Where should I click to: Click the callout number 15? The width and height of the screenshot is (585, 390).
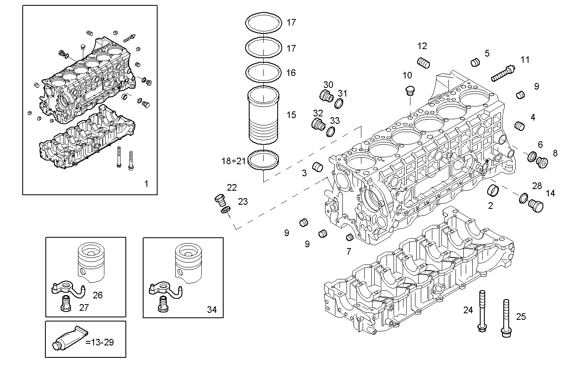(x=291, y=115)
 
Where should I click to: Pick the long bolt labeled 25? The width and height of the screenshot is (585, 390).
(x=505, y=318)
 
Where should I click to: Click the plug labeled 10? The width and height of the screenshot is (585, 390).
(x=410, y=91)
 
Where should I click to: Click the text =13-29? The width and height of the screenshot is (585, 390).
(x=99, y=342)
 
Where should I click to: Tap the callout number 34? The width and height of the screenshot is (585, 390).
(x=212, y=310)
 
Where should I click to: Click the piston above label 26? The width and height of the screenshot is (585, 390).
(x=91, y=262)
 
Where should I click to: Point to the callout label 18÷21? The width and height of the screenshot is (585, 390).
(x=233, y=161)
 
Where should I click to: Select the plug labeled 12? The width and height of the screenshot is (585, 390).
(x=424, y=63)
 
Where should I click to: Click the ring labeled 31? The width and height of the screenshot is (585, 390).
(x=339, y=104)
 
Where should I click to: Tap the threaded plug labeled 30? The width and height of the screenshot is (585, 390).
(x=326, y=96)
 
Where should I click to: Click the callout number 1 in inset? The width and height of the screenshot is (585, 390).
(x=146, y=184)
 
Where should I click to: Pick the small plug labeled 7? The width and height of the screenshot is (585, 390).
(x=349, y=237)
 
